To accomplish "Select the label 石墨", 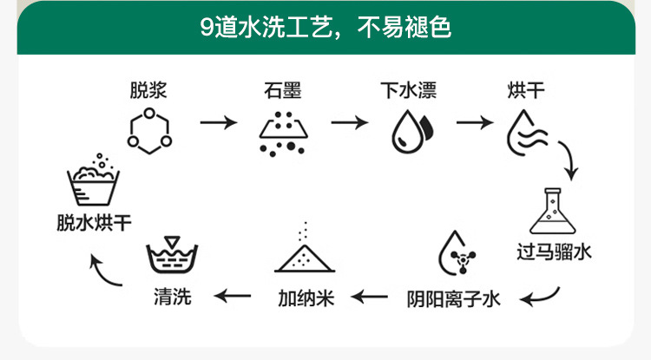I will click(283, 90).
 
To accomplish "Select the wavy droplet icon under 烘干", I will click(526, 131).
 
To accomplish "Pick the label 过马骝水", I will click(554, 253).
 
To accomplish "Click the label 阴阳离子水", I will click(454, 299).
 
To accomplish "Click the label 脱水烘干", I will click(90, 222).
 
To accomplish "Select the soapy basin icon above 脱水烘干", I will click(95, 181).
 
